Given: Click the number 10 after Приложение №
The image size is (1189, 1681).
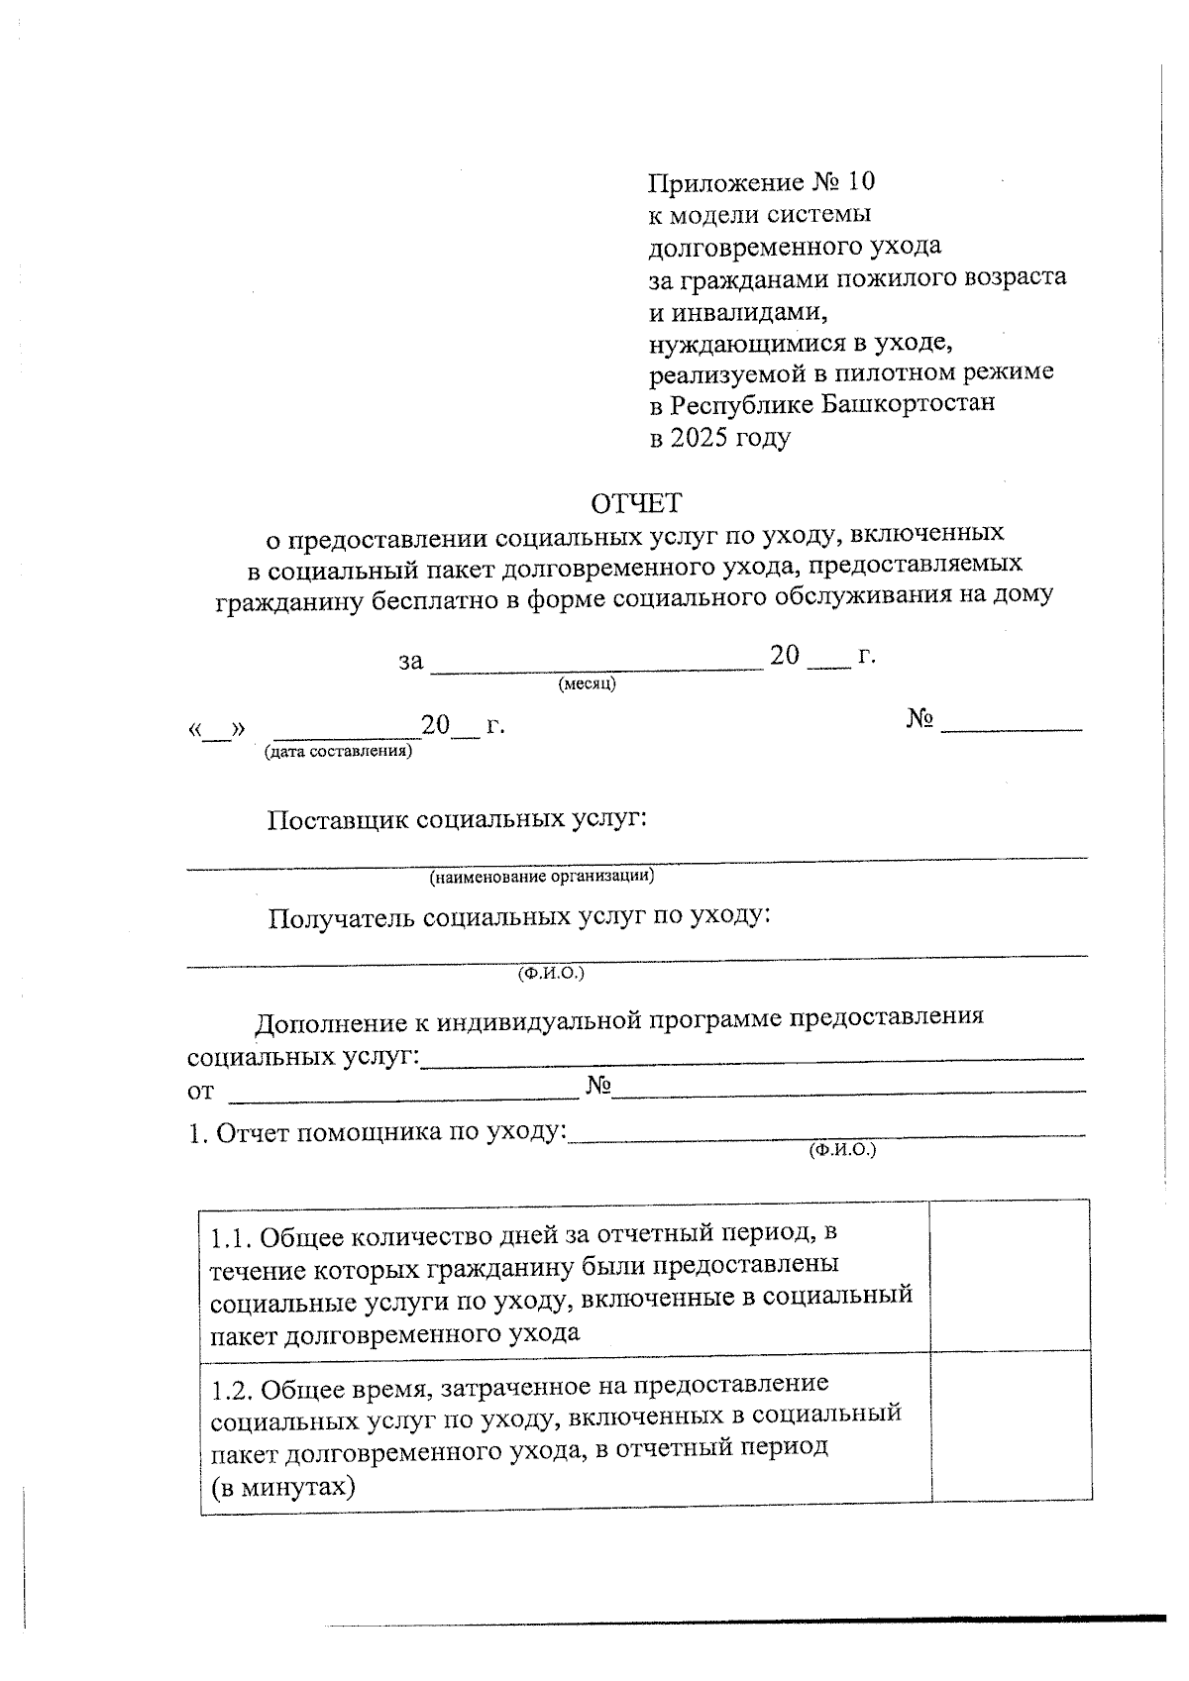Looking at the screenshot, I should pyautogui.click(x=861, y=182).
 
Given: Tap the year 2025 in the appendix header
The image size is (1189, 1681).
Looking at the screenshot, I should pyautogui.click(x=699, y=437).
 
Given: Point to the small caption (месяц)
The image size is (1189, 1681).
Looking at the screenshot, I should pyautogui.click(x=587, y=683).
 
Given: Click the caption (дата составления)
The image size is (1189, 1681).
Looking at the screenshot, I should pyautogui.click(x=338, y=752).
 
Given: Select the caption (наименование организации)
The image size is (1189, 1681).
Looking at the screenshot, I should pyautogui.click(x=541, y=877).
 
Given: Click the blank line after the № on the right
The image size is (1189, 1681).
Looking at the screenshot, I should pyautogui.click(x=1011, y=728).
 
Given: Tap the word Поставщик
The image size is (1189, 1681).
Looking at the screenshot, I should pyautogui.click(x=338, y=820).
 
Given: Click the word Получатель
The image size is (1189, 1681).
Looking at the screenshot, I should pyautogui.click(x=341, y=918).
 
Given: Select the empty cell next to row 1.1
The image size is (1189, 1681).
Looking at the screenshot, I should pyautogui.click(x=1010, y=1276).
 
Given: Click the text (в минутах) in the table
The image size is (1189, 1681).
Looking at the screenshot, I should pyautogui.click(x=282, y=1487).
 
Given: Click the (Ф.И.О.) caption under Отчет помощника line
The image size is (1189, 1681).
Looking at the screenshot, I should pyautogui.click(x=842, y=1150).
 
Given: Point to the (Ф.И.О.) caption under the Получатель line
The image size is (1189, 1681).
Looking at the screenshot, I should pyautogui.click(x=551, y=973).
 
